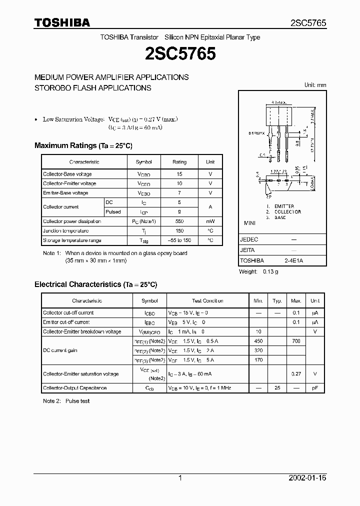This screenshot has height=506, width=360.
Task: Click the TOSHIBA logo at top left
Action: pyautogui.click(x=62, y=22)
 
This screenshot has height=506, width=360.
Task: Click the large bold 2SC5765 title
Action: pyautogui.click(x=180, y=53)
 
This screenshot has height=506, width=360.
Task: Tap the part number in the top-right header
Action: pyautogui.click(x=308, y=23)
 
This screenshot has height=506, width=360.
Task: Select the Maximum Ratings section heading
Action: pyautogui.click(x=83, y=145)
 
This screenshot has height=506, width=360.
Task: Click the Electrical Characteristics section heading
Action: pyautogui.click(x=95, y=284)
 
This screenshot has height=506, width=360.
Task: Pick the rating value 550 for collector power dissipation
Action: pyautogui.click(x=179, y=221)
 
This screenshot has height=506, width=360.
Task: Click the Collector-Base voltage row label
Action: pyautogui.click(x=67, y=174)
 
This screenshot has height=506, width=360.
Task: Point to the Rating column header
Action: pyautogui.click(x=179, y=162)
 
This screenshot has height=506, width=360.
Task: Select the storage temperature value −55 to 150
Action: pyautogui.click(x=179, y=240)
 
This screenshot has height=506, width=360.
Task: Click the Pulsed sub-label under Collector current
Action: pyautogui.click(x=113, y=212)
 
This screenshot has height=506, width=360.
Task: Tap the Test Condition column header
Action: pyautogui.click(x=207, y=301)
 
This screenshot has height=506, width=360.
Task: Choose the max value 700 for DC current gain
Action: pyautogui.click(x=296, y=341)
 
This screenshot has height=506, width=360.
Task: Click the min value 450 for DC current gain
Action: pyautogui.click(x=258, y=341)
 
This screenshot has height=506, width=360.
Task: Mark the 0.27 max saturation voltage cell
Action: pyautogui.click(x=296, y=373)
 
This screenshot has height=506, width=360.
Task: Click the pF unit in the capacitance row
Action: pyautogui.click(x=315, y=388)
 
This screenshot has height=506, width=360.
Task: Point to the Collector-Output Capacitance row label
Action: pyautogui.click(x=74, y=388)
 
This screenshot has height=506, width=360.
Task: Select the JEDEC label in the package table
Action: pyautogui.click(x=249, y=239)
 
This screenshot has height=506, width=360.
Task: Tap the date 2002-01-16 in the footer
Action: pyautogui.click(x=307, y=478)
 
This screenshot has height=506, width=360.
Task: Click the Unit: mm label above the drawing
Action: pyautogui.click(x=315, y=85)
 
